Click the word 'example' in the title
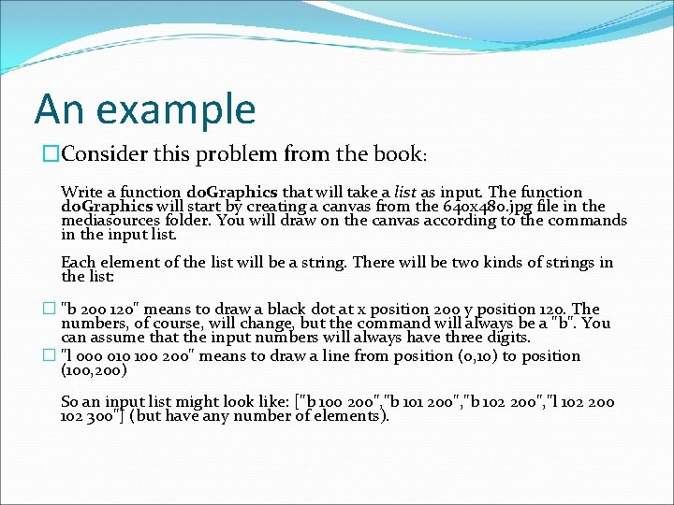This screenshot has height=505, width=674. pos(175,109)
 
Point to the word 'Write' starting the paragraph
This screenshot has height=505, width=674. pos(81,192)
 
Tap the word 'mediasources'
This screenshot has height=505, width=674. pos(107,221)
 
